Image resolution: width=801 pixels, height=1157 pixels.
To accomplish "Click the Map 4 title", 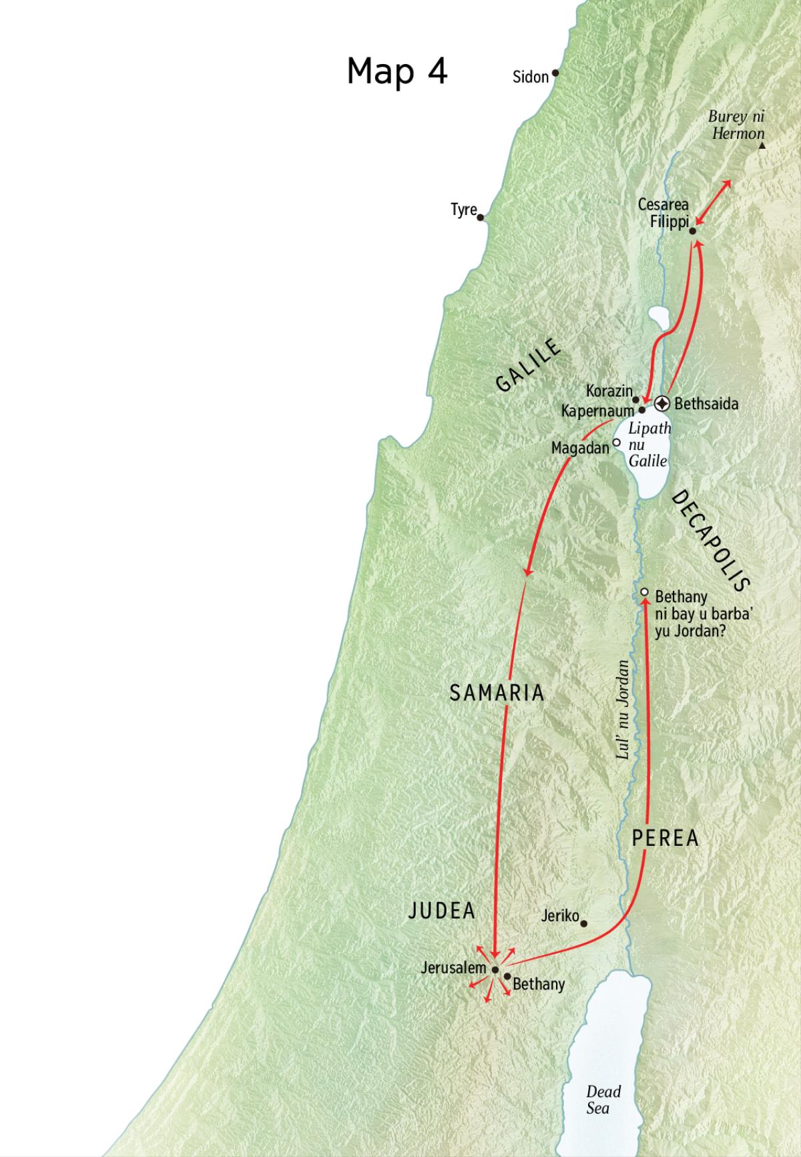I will (396, 71).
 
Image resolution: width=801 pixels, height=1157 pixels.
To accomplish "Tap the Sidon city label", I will (530, 77).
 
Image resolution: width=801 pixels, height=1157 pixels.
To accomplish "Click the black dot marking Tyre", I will (481, 217).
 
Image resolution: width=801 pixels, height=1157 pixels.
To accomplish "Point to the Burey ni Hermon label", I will (737, 125).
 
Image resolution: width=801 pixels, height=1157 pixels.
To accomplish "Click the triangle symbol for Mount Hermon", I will (762, 146).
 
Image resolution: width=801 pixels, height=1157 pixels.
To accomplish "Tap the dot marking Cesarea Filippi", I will (692, 231).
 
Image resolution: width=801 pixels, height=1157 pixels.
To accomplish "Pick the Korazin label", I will (609, 391).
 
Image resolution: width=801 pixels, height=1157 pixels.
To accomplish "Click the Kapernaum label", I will (597, 411).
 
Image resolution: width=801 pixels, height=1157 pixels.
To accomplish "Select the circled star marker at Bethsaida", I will (661, 403).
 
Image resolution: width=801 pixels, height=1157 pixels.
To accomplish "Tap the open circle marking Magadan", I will (617, 442).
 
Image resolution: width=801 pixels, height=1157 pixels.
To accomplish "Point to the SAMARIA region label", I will (497, 693).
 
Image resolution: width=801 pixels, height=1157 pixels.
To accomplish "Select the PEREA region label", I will (665, 838).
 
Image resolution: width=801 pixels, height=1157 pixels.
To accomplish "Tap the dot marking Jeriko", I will (584, 924).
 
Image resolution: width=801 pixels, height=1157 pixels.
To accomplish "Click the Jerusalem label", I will (453, 967).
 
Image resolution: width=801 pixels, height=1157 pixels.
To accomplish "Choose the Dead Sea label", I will (603, 1100).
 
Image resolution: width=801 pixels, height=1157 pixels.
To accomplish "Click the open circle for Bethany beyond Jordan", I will (644, 592).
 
